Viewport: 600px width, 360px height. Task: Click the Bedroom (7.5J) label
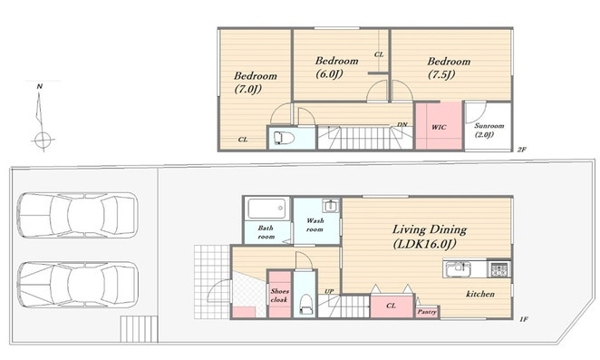(449, 68)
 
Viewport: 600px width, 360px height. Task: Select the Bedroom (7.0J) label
(256, 83)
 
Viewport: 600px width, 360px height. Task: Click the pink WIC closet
(439, 126)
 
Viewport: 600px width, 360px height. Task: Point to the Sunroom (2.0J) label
(489, 130)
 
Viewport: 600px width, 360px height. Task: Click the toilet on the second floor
(284, 138)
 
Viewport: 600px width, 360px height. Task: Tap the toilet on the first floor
(305, 304)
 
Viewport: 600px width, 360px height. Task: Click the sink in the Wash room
(330, 206)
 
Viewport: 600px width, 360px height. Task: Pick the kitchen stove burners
(499, 268)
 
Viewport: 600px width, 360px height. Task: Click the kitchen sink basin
(457, 268)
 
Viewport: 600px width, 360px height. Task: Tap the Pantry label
(427, 312)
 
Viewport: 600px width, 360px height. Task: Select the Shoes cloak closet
(279, 294)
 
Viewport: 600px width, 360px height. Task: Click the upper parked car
(78, 215)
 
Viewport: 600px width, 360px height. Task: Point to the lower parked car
(78, 284)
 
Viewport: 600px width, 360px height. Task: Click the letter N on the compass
(39, 86)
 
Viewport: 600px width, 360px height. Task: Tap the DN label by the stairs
(402, 124)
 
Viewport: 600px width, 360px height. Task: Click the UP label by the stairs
(329, 291)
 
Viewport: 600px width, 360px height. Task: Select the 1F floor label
(524, 318)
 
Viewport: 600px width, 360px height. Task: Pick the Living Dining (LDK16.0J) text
(430, 237)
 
